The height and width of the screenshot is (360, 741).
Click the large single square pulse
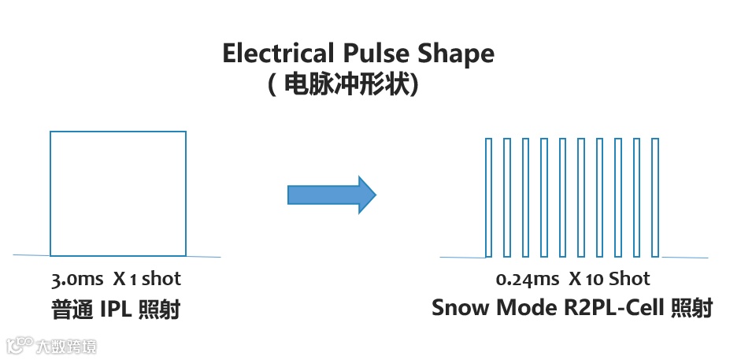click(x=118, y=194)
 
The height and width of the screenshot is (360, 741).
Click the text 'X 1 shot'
click(x=146, y=279)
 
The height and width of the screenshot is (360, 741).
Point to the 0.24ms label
click(x=528, y=279)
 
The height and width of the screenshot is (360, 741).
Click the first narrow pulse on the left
click(x=488, y=197)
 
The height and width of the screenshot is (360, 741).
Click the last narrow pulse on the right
click(x=657, y=197)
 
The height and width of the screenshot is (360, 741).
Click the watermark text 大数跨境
click(x=67, y=345)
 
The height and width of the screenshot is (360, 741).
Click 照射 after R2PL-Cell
click(x=691, y=308)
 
